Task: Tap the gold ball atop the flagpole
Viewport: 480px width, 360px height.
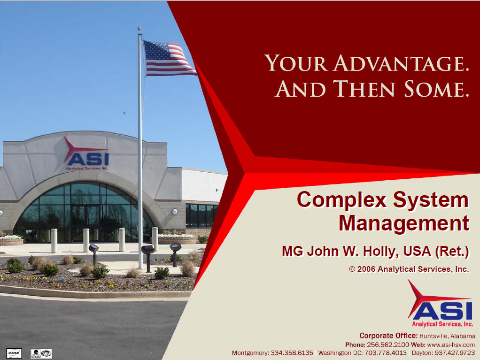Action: click(x=139, y=29)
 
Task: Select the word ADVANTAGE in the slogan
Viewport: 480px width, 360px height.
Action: click(x=401, y=63)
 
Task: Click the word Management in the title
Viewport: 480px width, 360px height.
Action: click(x=404, y=223)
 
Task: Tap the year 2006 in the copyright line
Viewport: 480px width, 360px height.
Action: click(x=366, y=269)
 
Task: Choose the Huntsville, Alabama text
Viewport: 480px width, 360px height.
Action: click(x=447, y=336)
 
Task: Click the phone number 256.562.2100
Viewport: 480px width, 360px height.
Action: click(x=388, y=345)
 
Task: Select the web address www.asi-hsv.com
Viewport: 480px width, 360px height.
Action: click(x=451, y=345)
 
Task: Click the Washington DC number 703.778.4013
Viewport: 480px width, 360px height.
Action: click(x=386, y=353)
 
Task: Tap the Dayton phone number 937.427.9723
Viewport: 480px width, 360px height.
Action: click(x=455, y=353)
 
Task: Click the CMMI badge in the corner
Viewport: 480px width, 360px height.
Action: click(x=14, y=353)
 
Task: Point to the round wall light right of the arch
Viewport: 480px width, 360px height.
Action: click(x=175, y=212)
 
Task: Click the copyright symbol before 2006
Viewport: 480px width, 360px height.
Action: click(x=352, y=269)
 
